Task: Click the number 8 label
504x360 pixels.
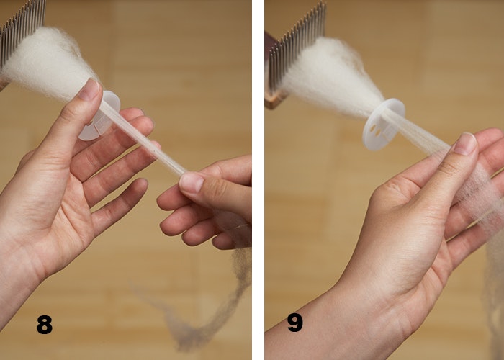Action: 45,325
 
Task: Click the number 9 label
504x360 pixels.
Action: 294,322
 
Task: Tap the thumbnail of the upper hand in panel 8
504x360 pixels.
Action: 90,89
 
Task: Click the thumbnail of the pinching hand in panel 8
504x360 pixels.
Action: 191,182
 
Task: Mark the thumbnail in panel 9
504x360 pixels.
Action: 465,143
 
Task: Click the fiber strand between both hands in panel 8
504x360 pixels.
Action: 144,140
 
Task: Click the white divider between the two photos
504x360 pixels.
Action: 258,180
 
